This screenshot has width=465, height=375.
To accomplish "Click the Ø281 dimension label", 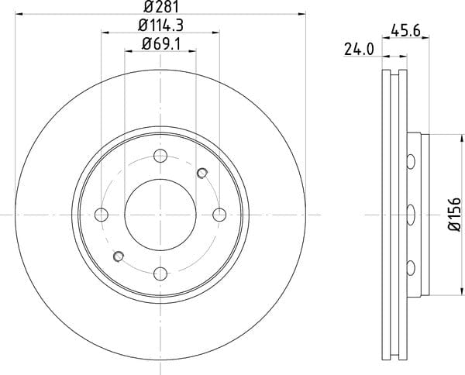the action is tap(162, 6).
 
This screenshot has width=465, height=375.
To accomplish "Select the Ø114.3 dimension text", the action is tap(160, 26).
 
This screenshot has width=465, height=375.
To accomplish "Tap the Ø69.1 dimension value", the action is tap(161, 44).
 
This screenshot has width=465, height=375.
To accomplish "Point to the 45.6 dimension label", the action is tap(405, 30).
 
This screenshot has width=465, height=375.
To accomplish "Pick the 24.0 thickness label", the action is tap(359, 50).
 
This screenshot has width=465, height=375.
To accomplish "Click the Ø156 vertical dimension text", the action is tap(454, 214).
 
